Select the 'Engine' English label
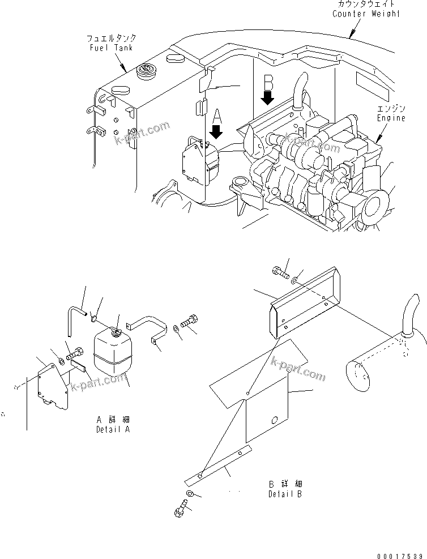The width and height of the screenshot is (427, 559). click(391, 118)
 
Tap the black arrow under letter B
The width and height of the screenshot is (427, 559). click(268, 97)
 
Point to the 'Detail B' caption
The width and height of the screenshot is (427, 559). click(285, 493)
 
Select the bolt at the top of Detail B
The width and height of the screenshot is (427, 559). click(281, 272)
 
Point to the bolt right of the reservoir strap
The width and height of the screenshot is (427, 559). click(189, 321)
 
